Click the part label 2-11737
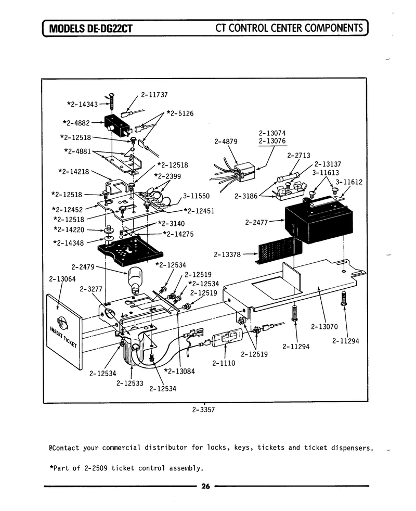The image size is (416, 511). [154, 95]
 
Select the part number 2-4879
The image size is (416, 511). [226, 142]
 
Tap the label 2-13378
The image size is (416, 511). [227, 254]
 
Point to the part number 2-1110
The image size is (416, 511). [224, 363]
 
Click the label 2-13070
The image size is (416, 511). [324, 327]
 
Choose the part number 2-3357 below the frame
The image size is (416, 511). [203, 410]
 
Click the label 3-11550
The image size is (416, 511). [196, 196]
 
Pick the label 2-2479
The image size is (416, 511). [83, 267]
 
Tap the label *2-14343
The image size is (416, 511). [82, 104]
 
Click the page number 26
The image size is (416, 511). [205, 487]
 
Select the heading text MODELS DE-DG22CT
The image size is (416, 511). [90, 29]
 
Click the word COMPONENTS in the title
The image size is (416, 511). [334, 28]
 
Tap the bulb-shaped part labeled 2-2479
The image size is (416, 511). [135, 280]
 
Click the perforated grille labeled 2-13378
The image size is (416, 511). [280, 250]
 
